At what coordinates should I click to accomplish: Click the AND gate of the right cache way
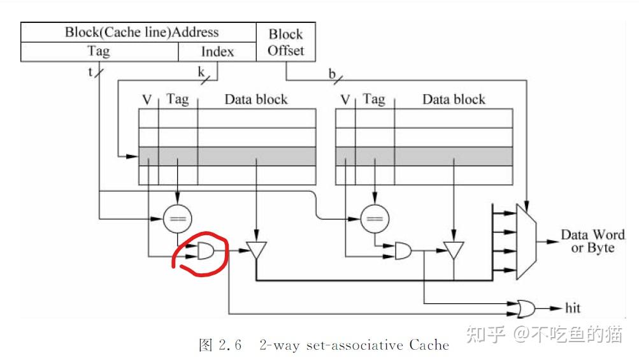[403, 252]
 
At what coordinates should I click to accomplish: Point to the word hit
[573, 308]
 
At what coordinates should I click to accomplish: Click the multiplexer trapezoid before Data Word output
[528, 241]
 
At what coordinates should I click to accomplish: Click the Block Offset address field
[285, 42]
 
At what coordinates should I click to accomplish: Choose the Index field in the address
[217, 52]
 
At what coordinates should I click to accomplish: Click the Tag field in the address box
[98, 52]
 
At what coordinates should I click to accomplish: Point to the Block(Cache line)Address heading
[141, 32]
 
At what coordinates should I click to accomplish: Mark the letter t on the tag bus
[90, 71]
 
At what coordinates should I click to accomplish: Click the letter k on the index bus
[201, 72]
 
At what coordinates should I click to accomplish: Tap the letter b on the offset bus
[332, 74]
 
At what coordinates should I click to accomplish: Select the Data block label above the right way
[454, 99]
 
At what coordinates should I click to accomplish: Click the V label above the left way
[147, 99]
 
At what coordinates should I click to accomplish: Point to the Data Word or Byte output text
[592, 241]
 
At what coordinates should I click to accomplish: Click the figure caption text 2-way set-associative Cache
[354, 345]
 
